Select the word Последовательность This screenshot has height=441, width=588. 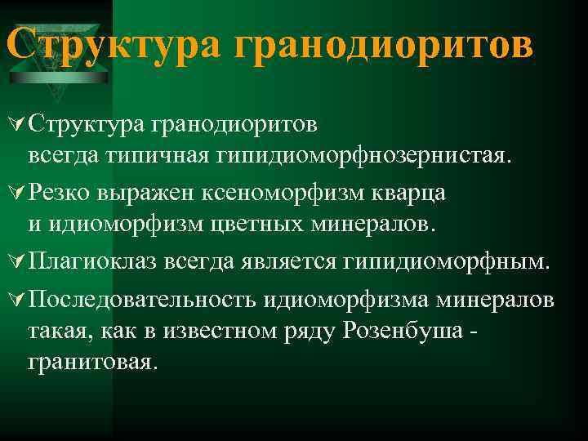click(142, 299)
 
